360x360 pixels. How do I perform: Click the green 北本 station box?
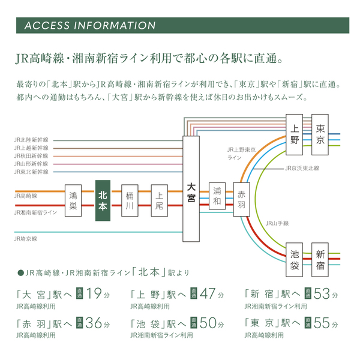[103, 201]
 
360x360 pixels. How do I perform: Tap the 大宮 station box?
[191, 189]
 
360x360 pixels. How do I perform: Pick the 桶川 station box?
[130, 201]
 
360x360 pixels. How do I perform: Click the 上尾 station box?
[159, 201]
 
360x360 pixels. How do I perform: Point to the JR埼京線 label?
[26, 238]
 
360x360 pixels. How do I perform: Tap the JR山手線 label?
[277, 223]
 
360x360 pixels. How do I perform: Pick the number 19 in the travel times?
[95, 294]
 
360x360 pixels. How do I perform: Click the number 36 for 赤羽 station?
[95, 323]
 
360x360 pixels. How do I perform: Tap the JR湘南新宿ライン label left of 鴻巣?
[35, 212]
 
